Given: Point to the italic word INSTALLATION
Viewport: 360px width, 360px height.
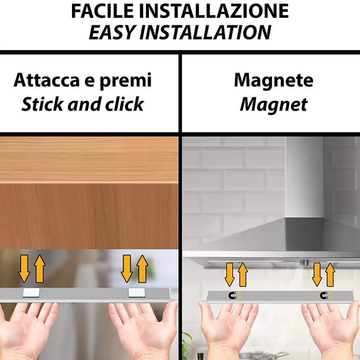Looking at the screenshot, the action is point(206,32).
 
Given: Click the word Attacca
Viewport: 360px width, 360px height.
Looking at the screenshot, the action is point(47,80).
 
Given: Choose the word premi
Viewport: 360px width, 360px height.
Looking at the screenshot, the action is point(125,81).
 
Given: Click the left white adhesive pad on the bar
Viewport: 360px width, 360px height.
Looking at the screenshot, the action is point(31,293).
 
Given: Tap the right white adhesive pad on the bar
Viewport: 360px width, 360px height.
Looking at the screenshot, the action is point(137,293).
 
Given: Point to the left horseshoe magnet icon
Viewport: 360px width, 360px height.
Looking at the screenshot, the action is point(233,295).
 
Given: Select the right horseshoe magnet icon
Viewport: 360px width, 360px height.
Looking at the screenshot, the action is point(324,295).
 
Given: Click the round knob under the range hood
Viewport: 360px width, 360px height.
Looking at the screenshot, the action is point(305,262).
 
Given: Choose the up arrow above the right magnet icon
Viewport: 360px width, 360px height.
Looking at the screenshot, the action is point(330,275).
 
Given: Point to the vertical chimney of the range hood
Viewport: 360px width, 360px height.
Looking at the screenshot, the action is point(304,177).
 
